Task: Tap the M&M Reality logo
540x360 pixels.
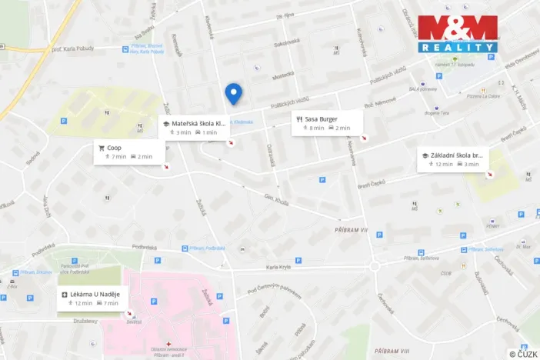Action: coord(458,35)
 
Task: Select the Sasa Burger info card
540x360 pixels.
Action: coord(326,123)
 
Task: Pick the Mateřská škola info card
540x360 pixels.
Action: coord(195,127)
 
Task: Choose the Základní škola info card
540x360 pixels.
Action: coord(452,159)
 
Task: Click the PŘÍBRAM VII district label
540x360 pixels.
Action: coord(353,230)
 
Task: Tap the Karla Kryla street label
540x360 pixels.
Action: coord(279,267)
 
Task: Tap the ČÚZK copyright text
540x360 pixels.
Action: coord(523,354)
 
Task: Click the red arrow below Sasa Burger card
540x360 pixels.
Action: coord(364,138)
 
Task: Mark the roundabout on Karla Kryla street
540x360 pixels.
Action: coord(376,266)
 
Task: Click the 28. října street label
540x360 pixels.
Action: coord(287,15)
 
